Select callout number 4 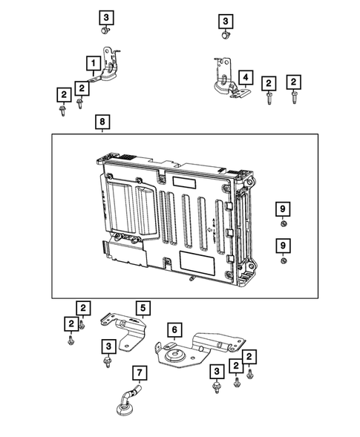pyautogui.click(x=245, y=76)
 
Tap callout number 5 pyautogui.click(x=142, y=306)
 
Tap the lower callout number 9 pyautogui.click(x=283, y=244)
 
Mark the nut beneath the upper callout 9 pyautogui.click(x=283, y=224)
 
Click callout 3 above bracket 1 pyautogui.click(x=106, y=16)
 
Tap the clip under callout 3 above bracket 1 pyautogui.click(x=106, y=32)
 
